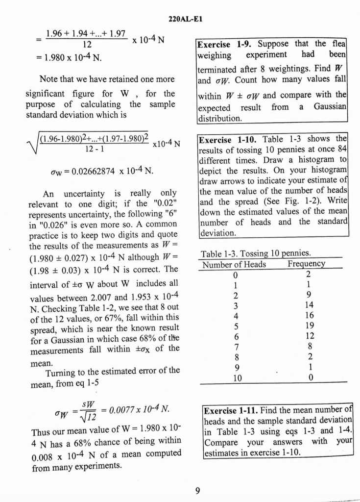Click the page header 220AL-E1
[x=185, y=19]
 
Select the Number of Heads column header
[x=235, y=265]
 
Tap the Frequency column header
[x=306, y=265]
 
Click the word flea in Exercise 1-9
[x=338, y=44]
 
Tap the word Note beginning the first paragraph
[x=49, y=79]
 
